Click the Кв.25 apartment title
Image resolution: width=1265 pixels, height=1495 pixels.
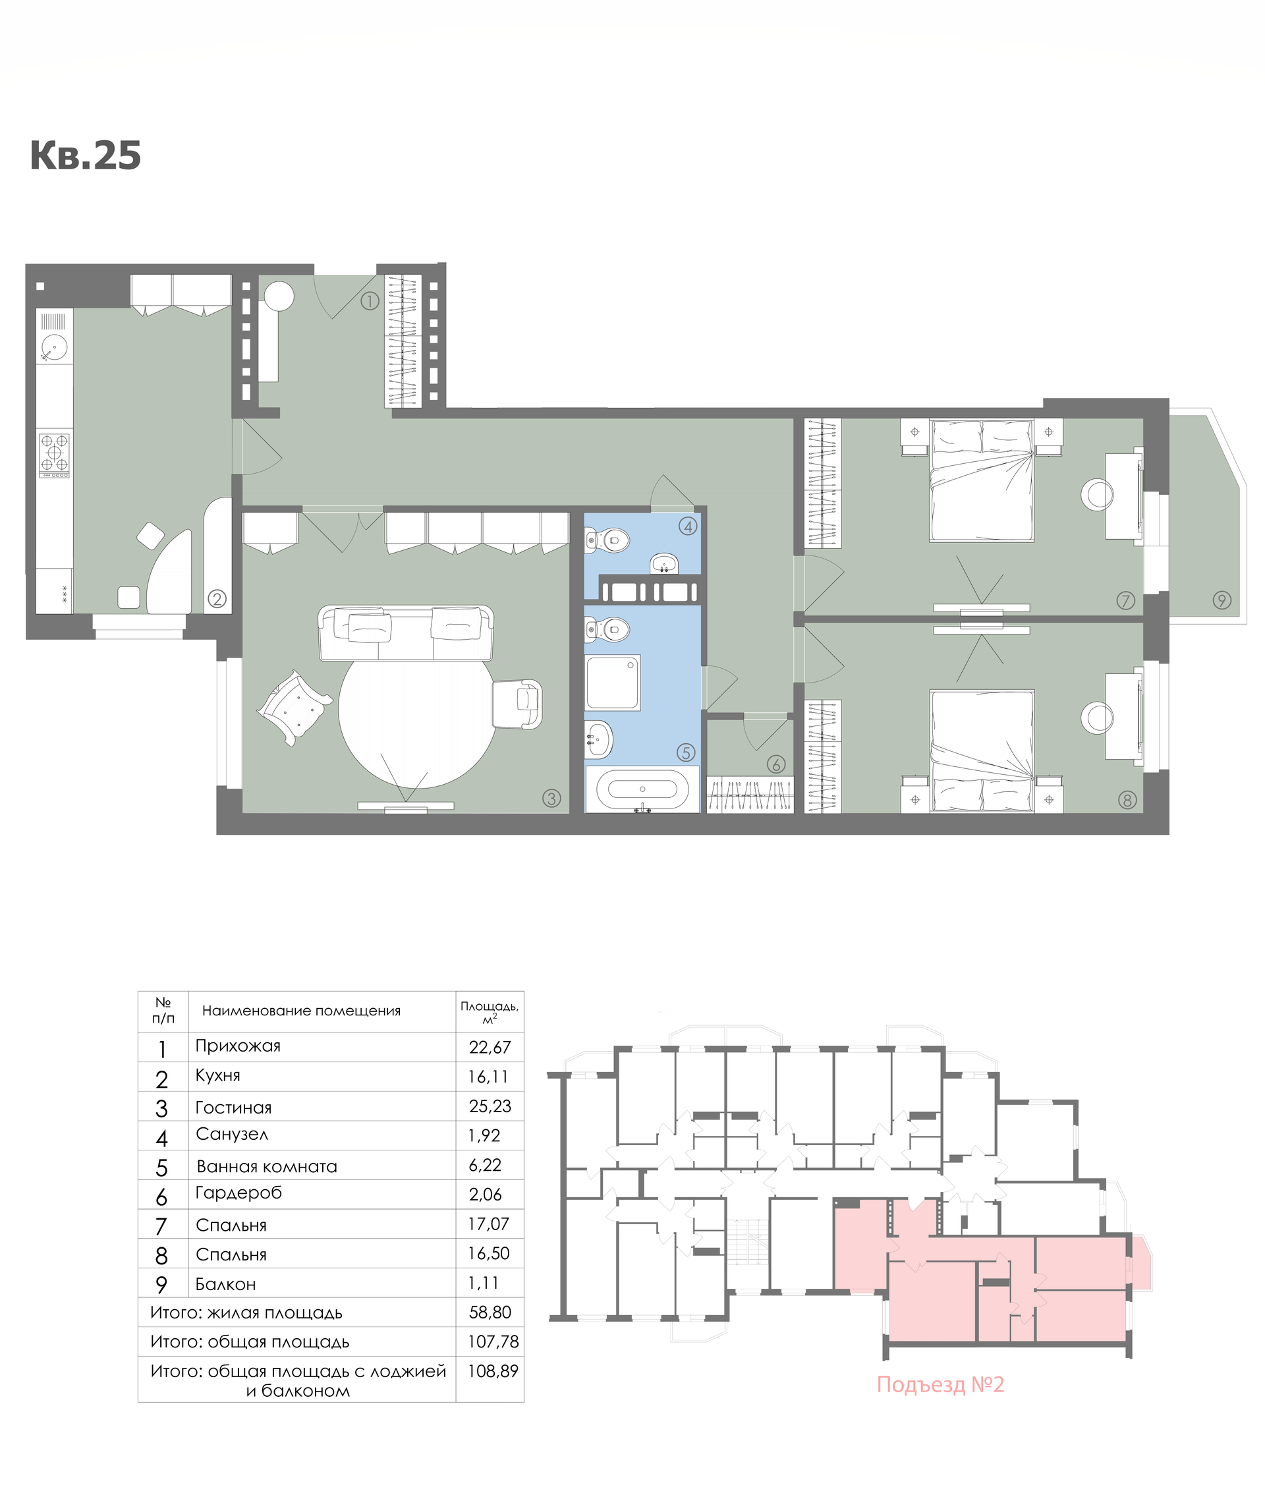(x=86, y=155)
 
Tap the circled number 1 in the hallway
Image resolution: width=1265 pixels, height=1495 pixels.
(x=370, y=301)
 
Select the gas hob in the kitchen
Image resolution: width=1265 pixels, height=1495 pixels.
(x=55, y=454)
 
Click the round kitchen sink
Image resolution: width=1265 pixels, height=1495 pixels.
(x=54, y=348)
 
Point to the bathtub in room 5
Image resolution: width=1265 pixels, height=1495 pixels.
(x=642, y=789)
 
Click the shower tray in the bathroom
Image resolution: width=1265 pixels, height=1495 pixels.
(x=611, y=682)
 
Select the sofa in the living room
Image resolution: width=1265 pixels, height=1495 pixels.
(x=406, y=633)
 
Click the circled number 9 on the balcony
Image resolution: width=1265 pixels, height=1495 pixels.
(x=1222, y=600)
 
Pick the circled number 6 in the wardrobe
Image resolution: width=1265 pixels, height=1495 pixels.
(x=776, y=764)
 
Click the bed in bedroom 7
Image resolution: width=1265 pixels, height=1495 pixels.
(x=982, y=480)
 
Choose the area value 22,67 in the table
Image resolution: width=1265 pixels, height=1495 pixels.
(x=490, y=1048)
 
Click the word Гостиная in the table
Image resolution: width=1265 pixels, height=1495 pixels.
(x=234, y=1108)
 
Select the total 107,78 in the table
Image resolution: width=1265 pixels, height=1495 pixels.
(x=493, y=1341)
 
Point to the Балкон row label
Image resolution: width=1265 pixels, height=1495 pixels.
(x=225, y=1284)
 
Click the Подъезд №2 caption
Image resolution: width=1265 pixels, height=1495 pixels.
(x=940, y=1384)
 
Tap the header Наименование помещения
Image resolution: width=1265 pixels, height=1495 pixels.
(x=301, y=1011)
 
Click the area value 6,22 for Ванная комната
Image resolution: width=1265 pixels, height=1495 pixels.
(x=485, y=1165)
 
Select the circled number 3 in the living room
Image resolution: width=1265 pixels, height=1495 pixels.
(x=551, y=798)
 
